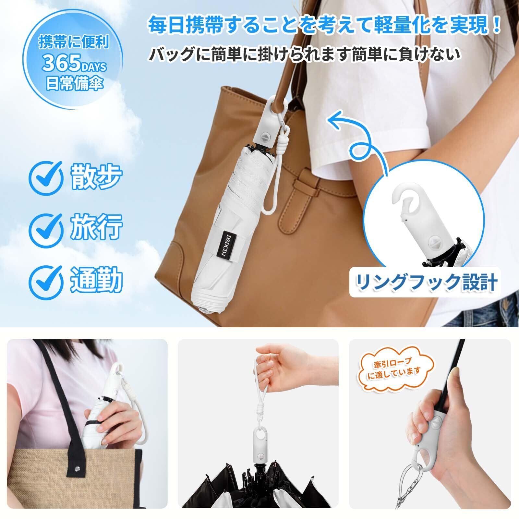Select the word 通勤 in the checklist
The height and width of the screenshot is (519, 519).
point(96,278)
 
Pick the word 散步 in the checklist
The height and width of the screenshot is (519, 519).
point(96,177)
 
